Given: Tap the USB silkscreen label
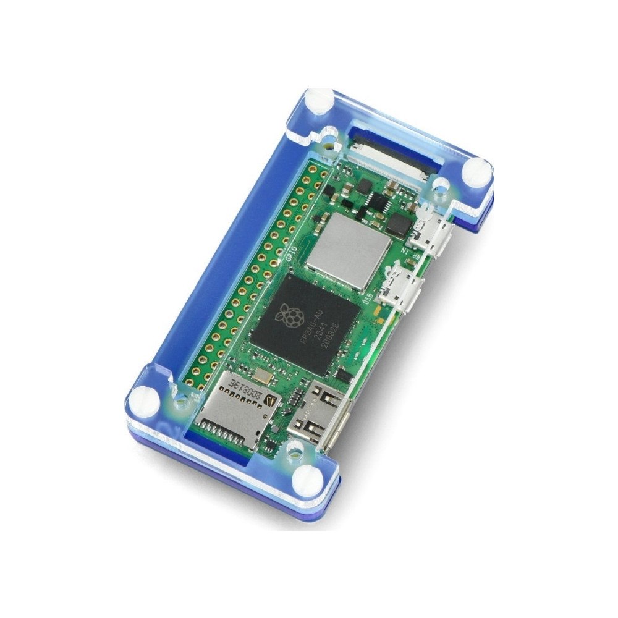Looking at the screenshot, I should (x=373, y=302).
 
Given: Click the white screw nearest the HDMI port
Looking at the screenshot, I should (x=306, y=478).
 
